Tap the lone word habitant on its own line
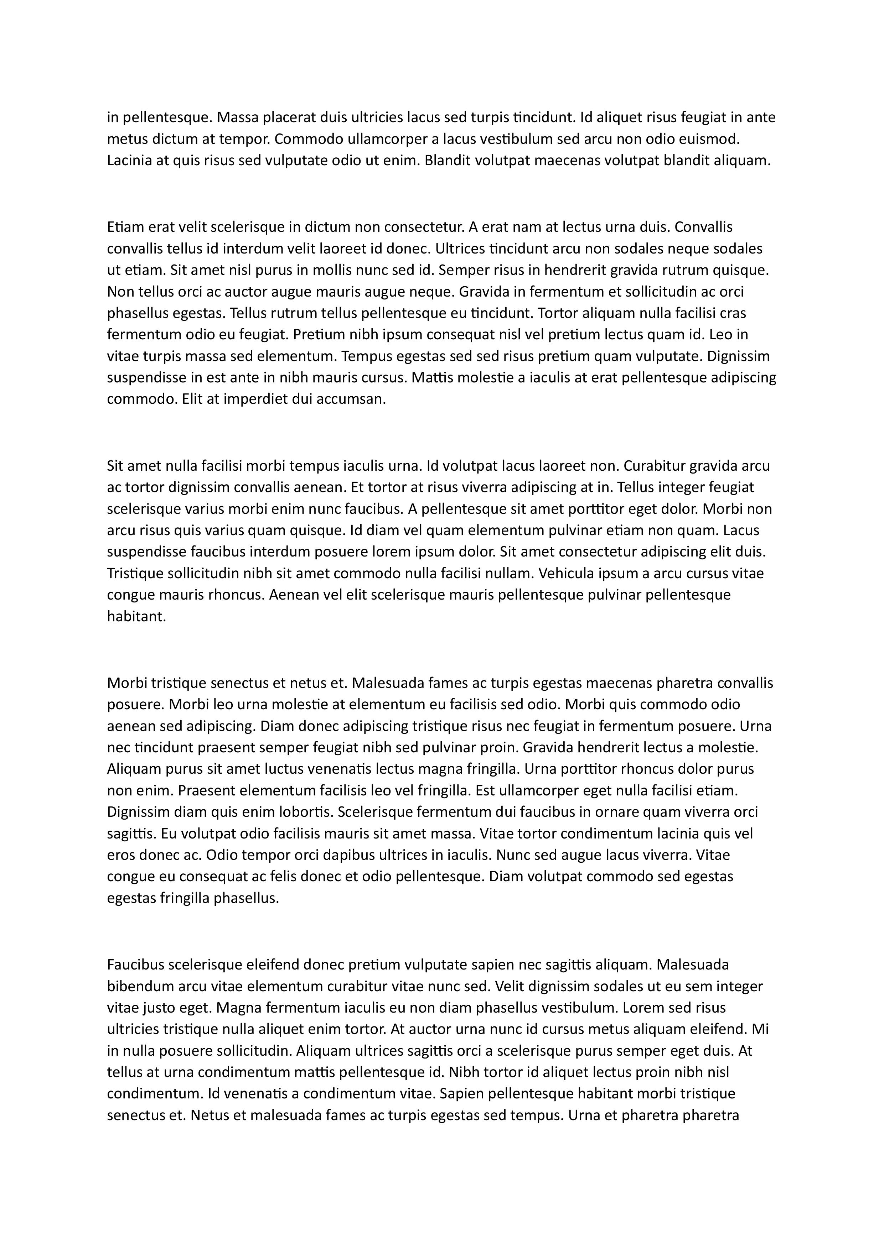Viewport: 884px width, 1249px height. [x=136, y=617]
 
